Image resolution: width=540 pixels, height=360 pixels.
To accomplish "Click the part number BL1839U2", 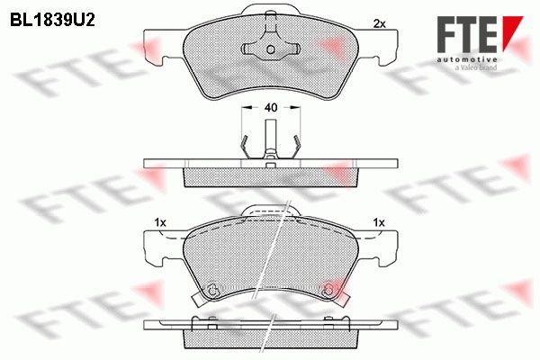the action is [52, 21].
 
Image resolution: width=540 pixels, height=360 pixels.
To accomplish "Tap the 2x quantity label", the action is [380, 23].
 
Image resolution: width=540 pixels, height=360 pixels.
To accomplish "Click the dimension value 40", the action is [271, 107].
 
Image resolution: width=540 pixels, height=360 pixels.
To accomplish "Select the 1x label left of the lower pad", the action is [160, 223].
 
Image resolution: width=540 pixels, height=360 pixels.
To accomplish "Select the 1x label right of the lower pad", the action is [379, 223].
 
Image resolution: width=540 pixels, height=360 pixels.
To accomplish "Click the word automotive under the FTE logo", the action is [466, 59].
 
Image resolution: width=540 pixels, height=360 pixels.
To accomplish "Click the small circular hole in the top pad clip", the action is [271, 49].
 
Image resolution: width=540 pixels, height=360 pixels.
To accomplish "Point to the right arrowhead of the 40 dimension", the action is [295, 107].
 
